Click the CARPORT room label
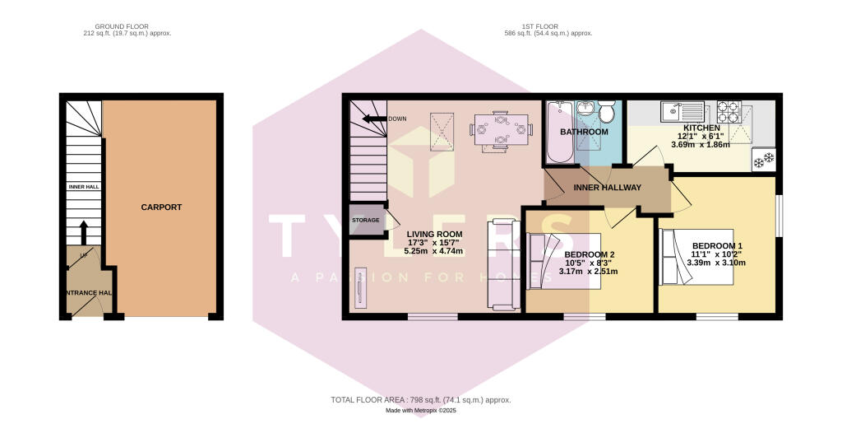[x=161, y=207]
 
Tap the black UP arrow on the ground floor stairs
[x=82, y=230]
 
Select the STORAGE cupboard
[x=366, y=221]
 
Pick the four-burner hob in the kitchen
[x=729, y=110]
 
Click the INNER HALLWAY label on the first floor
[x=607, y=188]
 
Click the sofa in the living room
[x=501, y=264]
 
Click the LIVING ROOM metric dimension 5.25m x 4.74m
[x=434, y=252]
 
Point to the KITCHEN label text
[x=699, y=128]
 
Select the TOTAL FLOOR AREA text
[x=420, y=400]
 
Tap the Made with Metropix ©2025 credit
[x=420, y=411]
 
